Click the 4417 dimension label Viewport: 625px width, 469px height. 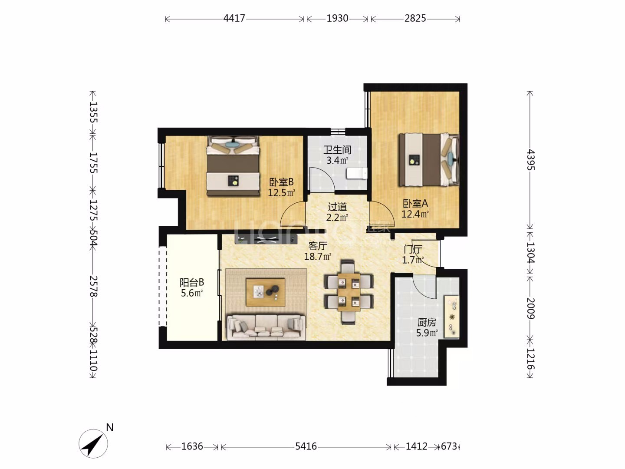234,18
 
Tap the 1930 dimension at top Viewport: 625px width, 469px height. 337,18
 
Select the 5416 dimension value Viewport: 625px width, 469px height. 306,446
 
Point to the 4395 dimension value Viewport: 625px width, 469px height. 530,160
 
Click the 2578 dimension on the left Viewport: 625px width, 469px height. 93,286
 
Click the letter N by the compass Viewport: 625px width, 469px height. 110,427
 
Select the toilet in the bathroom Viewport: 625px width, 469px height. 357,173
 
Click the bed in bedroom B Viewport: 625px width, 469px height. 233,166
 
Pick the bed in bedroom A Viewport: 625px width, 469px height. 429,160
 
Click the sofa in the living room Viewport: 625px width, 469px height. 266,327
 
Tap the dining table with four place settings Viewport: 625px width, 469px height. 349,292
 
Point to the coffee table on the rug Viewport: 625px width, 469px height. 266,292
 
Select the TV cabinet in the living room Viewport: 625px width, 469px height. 266,239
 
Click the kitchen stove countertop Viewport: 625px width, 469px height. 452,317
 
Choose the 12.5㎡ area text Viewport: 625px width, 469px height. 281,193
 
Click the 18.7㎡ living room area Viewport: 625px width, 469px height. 317,257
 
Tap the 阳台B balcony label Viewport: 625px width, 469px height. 192,282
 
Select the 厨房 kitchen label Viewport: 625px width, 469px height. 427,322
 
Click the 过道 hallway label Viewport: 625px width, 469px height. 337,207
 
